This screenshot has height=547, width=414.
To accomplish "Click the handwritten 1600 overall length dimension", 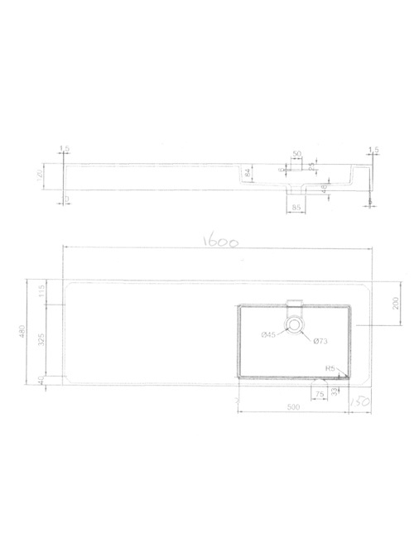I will pos(222,245).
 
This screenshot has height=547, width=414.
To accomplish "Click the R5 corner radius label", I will pos(330,369).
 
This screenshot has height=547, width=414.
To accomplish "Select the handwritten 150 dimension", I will pos(359,401).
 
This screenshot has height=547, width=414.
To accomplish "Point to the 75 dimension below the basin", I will pos(319,395).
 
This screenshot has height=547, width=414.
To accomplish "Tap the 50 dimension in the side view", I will pos(296,154).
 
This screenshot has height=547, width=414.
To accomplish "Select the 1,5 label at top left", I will pos(65,149).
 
